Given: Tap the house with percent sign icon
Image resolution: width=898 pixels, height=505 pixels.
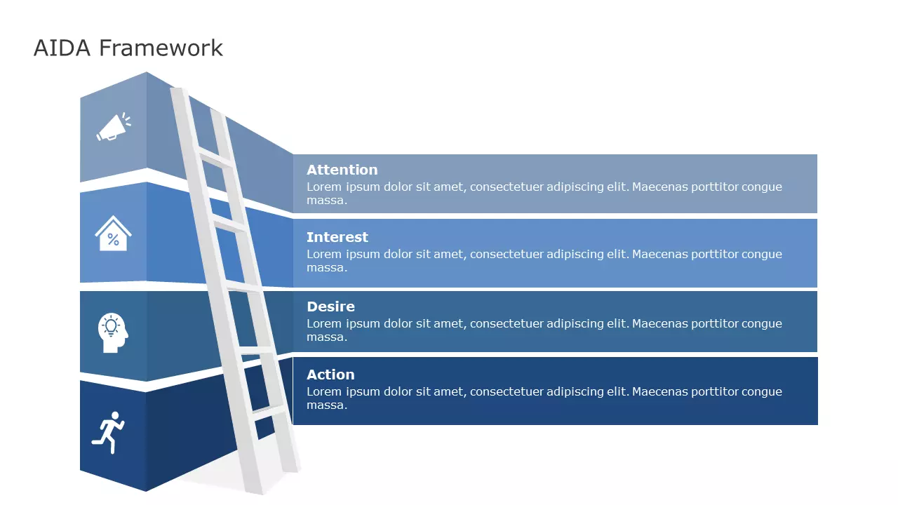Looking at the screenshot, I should pos(113,233).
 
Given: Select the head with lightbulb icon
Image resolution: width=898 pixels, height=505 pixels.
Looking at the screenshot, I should pos(112,333).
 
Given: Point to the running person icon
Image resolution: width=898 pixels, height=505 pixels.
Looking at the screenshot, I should pos(108,431).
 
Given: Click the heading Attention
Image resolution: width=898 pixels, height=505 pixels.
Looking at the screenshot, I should pos(342,170).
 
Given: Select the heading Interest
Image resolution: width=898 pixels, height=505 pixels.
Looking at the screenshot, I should pos(337,237).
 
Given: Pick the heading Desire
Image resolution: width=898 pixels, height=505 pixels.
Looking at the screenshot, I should pos(330,307).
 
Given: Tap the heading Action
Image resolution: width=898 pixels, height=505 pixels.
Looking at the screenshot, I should pos(330,375).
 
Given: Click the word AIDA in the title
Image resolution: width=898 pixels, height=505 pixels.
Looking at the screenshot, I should pos(62,48).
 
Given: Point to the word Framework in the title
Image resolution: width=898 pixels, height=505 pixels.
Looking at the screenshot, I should pos(161,48).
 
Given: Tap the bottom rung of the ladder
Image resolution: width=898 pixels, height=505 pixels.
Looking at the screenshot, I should pos(269,412).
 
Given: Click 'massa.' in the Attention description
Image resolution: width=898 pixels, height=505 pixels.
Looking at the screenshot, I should pos(326,201).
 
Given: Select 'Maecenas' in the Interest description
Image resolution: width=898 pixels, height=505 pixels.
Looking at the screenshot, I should pos(661,255).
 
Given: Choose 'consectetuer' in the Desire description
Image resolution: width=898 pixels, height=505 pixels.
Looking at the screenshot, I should pos(506,323).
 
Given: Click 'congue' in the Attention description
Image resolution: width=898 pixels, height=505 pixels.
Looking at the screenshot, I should pos(760,187).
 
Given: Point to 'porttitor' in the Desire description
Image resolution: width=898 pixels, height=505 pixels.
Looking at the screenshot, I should pos(715,323).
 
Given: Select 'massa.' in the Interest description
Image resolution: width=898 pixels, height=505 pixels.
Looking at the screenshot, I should pos(326,268).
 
